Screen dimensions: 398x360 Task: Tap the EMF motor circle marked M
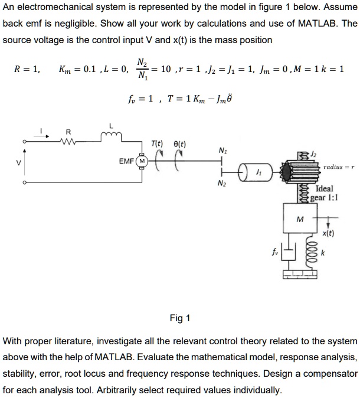pos(142,160)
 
